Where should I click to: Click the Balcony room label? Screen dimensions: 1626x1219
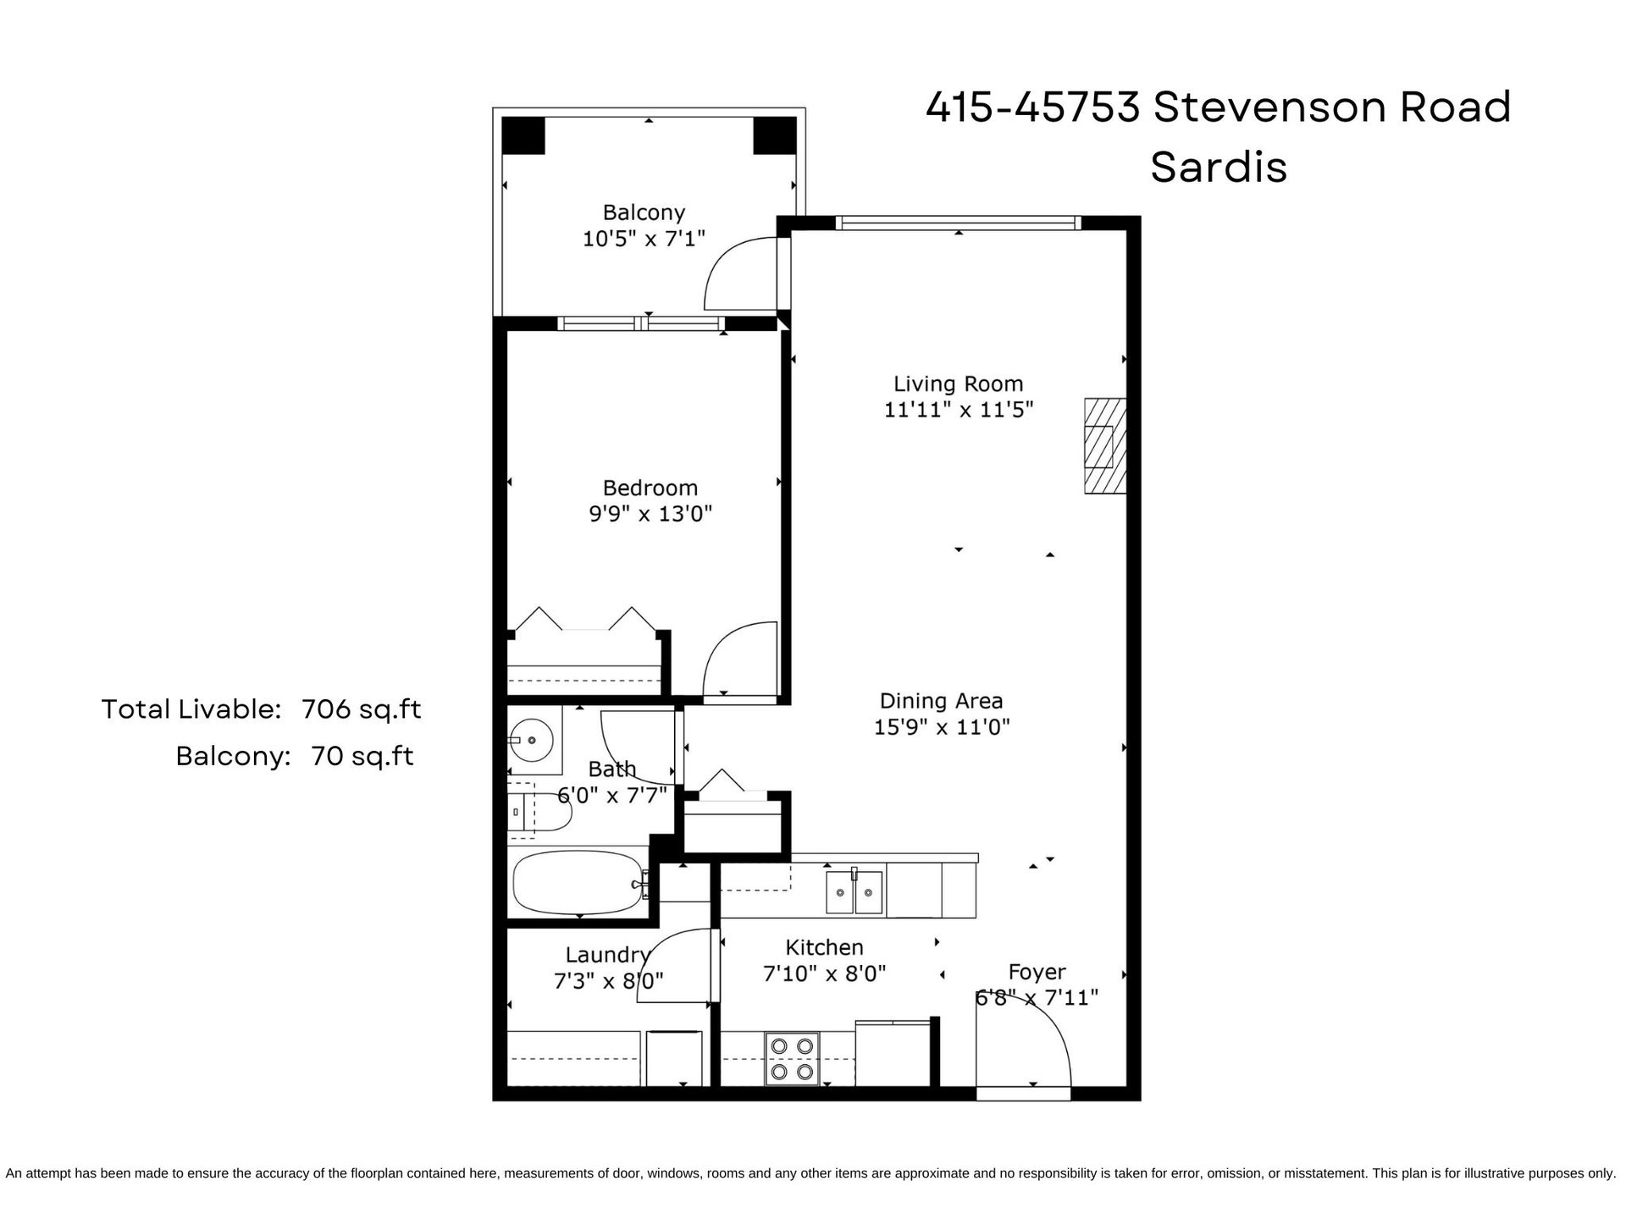click(644, 212)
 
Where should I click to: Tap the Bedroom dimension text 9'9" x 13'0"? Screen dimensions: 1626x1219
click(650, 514)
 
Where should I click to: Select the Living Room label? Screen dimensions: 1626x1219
click(959, 384)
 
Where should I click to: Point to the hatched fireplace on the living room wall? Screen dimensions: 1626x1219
click(1105, 446)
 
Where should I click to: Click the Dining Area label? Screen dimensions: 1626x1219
click(941, 701)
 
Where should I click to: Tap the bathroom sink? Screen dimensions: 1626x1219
click(533, 741)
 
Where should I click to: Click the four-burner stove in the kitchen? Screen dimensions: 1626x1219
click(792, 1058)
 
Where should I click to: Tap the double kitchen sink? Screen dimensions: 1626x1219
click(854, 891)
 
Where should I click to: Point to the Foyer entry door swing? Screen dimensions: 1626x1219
click(1023, 1049)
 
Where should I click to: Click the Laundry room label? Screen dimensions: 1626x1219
click(607, 955)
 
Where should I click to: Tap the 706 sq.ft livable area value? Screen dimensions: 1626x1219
click(362, 709)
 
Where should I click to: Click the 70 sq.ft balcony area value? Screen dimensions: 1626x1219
click(362, 755)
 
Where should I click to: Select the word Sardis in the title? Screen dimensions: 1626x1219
click(1219, 167)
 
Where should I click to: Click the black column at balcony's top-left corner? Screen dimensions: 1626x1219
click(523, 135)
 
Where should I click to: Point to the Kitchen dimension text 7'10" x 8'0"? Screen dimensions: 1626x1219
click(824, 974)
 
